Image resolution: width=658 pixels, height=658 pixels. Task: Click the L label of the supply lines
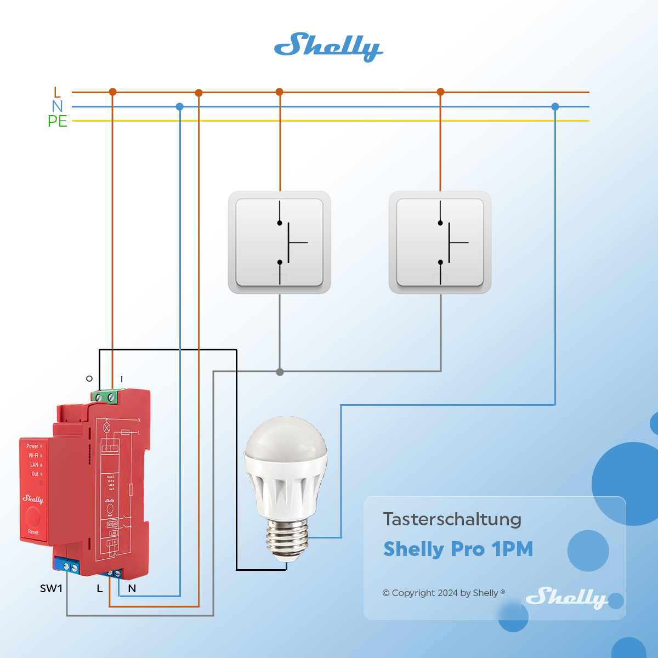coord(57,92)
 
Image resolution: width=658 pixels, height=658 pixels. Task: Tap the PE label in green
coord(57,121)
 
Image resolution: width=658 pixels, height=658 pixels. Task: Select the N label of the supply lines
coord(57,106)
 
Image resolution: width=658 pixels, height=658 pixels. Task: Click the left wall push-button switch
coord(279,242)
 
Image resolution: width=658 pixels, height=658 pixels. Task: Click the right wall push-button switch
coord(440,242)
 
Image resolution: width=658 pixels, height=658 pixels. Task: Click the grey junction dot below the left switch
coord(280,372)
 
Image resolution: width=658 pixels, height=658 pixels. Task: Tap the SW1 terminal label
coord(51,588)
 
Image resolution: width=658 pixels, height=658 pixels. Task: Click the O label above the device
coord(89,379)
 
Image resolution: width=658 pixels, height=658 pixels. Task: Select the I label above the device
coord(122,379)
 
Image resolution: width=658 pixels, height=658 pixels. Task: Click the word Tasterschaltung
coord(452,519)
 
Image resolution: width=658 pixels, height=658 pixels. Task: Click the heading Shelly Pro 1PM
coord(458,549)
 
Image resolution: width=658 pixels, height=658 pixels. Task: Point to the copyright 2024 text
coord(443,593)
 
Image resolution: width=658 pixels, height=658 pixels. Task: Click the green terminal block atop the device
coord(106,396)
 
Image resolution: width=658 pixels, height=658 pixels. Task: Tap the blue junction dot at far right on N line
coord(555,106)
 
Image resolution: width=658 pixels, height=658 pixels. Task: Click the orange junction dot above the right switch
coord(440,92)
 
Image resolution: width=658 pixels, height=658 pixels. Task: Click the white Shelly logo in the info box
coord(566,597)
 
